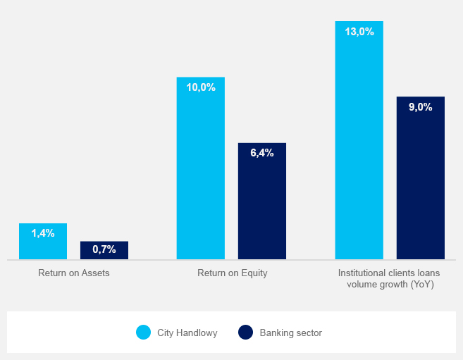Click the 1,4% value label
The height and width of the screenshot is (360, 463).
tap(43, 232)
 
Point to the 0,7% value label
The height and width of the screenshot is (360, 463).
tap(104, 249)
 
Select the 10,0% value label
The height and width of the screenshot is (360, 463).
tap(201, 87)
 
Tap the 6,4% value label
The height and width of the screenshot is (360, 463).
tap(262, 153)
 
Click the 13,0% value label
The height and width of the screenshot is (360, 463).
tap(359, 32)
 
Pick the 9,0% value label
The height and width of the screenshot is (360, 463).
tap(421, 107)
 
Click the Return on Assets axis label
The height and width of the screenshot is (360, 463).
tap(74, 273)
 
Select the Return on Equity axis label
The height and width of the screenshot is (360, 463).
tap(233, 273)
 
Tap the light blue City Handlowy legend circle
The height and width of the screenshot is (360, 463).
tap(144, 333)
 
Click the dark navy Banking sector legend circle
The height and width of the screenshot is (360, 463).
tap(245, 333)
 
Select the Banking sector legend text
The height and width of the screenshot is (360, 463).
tap(290, 333)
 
